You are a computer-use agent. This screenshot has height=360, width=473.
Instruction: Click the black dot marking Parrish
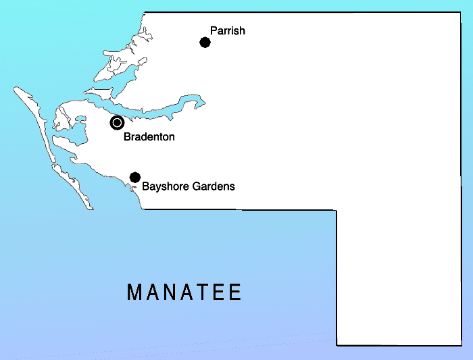pos(205,43)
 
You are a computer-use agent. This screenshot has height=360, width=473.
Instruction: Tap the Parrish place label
pos(227,31)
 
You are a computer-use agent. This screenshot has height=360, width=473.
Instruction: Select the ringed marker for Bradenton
pos(117,122)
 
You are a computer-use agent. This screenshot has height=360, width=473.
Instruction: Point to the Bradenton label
pos(149,137)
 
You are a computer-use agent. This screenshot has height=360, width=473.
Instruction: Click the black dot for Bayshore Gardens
pos(134,177)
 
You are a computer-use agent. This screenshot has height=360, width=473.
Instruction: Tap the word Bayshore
pos(164,186)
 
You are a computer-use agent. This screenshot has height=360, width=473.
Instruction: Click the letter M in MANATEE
pos(134,292)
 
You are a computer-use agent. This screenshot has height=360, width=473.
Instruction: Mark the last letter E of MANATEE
pos(235,292)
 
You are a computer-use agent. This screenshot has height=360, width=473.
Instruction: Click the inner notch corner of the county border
pos(337,210)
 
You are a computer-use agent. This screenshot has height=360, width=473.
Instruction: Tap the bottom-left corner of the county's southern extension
pos(337,344)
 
